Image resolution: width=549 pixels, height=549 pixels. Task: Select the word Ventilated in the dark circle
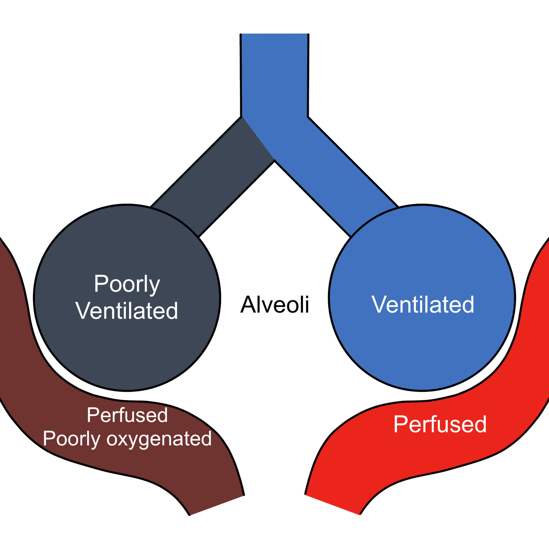coord(127,311)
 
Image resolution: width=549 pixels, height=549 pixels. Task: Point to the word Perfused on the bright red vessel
coord(440,424)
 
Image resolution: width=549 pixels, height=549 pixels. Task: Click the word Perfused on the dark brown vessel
coord(127,415)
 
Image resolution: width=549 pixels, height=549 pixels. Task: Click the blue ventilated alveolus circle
coord(422,298)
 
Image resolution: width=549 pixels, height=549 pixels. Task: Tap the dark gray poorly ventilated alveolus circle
coord(127,298)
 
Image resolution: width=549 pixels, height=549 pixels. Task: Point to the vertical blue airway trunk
coord(274,75)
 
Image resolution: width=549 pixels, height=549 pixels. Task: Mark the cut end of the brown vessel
coord(217,505)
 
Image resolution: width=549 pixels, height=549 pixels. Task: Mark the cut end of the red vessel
coord(332,505)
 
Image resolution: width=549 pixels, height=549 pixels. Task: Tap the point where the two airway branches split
coord(274,161)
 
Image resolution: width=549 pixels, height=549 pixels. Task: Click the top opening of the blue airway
coord(274,34)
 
